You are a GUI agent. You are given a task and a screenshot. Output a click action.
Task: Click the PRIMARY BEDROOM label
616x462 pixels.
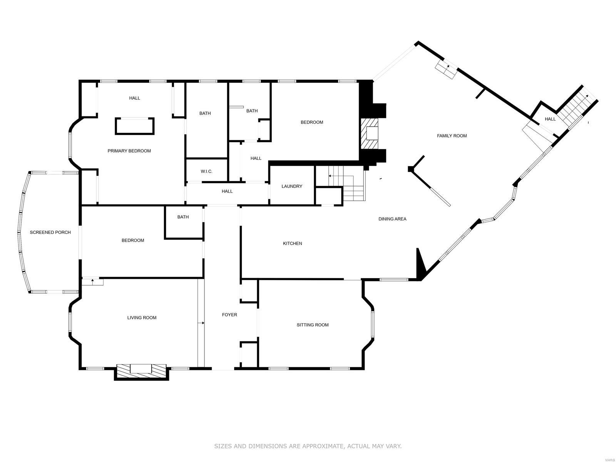[x=129, y=151]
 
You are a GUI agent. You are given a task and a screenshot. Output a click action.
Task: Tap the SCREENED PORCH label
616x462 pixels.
[x=50, y=232]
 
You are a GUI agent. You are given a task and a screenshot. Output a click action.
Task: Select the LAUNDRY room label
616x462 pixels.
[x=292, y=186]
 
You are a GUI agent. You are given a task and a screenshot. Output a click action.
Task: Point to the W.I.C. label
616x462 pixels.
[x=206, y=171]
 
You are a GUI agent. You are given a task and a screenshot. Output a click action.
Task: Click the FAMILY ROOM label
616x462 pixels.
[x=452, y=136]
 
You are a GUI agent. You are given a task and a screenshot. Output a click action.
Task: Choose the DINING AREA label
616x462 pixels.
[x=392, y=219]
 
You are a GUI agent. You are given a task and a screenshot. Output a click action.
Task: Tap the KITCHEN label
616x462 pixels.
[x=293, y=244]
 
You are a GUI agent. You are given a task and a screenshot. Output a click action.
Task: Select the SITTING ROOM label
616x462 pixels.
[x=313, y=325]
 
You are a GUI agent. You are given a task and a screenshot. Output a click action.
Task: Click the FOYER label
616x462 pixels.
[x=229, y=315]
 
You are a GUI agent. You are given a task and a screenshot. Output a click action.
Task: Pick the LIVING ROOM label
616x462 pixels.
[x=142, y=318]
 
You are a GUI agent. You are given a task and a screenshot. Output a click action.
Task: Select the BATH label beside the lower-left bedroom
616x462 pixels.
[x=183, y=217]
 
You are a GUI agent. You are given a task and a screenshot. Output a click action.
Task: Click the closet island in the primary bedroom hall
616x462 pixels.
[x=134, y=126]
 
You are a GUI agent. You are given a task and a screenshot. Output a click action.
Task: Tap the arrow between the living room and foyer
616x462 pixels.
[x=201, y=323]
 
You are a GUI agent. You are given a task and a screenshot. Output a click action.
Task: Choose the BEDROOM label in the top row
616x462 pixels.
[x=312, y=123]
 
